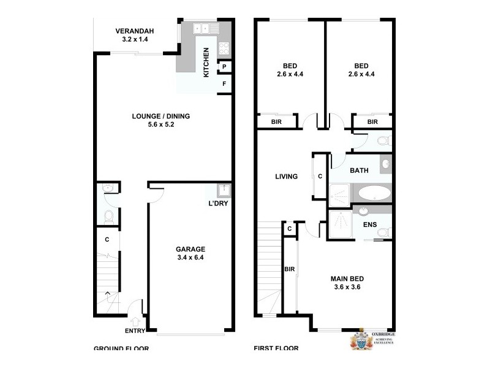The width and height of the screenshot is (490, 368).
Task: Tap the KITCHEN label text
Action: tap(206, 63)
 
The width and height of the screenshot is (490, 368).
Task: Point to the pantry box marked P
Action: tap(225, 67)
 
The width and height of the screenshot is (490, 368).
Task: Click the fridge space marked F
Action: tap(225, 84)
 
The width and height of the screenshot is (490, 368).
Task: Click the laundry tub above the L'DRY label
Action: tap(224, 189)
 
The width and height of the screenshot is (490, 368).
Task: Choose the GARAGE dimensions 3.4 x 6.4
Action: tap(190, 258)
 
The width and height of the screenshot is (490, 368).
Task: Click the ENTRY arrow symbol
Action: tap(135, 320)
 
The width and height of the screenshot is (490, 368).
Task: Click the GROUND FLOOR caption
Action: tap(121, 349)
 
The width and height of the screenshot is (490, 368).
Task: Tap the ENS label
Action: tap(370, 225)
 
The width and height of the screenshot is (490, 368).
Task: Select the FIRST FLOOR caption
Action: tap(276, 349)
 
